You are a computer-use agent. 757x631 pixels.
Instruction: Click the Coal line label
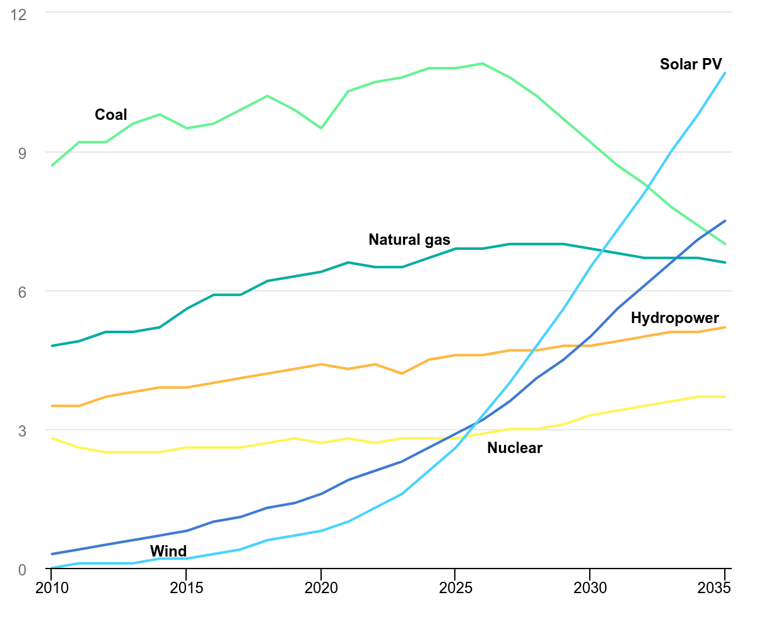click(x=111, y=115)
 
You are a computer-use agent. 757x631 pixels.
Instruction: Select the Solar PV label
click(x=691, y=64)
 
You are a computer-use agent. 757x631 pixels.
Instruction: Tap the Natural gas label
click(x=409, y=240)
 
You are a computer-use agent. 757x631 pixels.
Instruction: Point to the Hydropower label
click(x=675, y=318)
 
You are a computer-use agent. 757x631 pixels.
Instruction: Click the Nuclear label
click(x=515, y=448)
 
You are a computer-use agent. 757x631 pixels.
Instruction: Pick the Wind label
click(x=168, y=551)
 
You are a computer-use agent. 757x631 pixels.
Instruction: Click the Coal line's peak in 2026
click(x=483, y=63)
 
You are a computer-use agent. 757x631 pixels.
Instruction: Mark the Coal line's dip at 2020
click(x=321, y=128)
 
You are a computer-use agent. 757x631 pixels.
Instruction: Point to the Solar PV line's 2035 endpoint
click(x=725, y=73)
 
